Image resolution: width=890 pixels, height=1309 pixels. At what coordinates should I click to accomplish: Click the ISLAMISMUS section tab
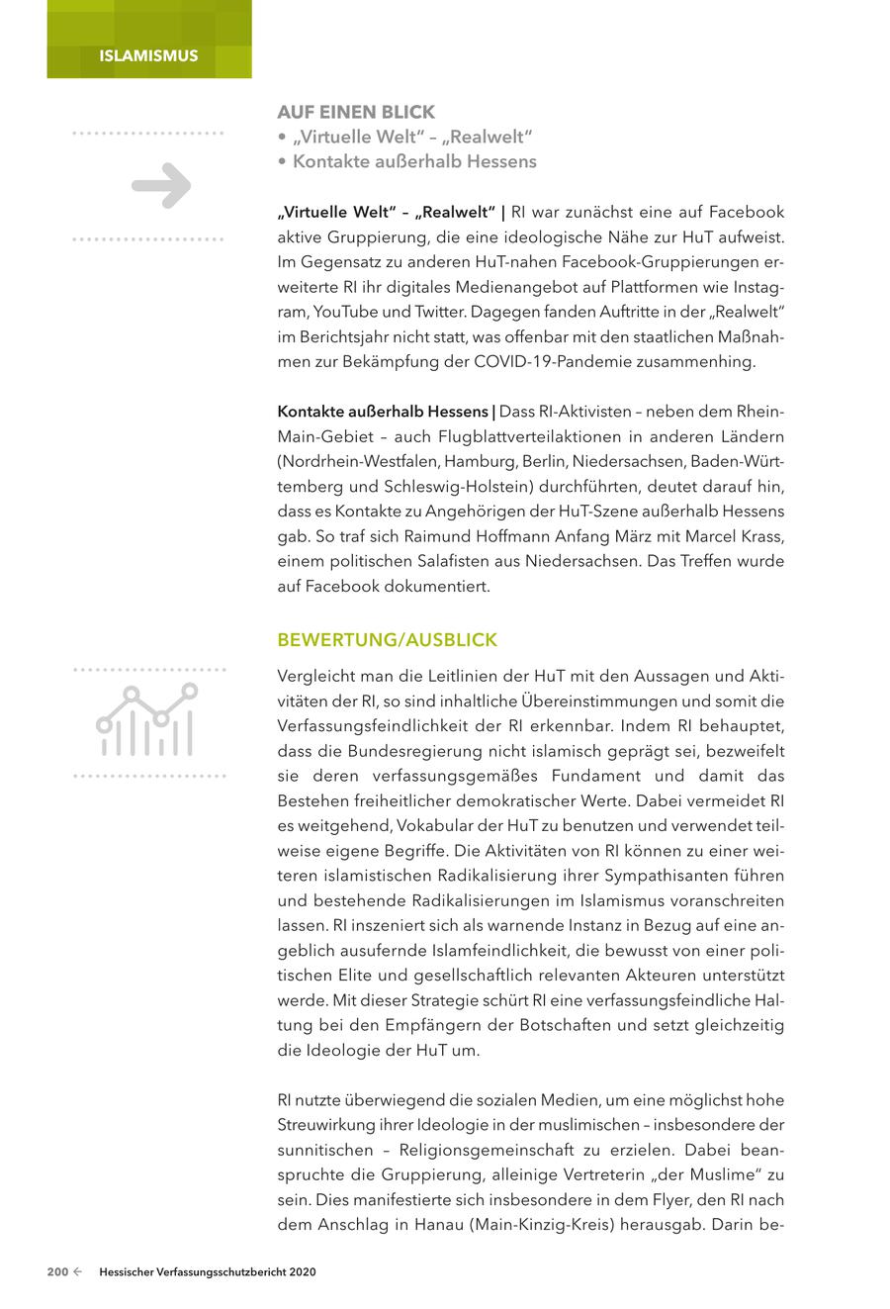click(x=148, y=55)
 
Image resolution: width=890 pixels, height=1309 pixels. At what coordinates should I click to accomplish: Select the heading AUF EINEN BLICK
click(x=355, y=112)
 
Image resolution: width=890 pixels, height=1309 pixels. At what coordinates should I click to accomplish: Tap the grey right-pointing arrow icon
click(x=161, y=185)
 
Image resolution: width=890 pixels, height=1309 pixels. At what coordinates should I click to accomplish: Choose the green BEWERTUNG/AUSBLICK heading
click(x=387, y=640)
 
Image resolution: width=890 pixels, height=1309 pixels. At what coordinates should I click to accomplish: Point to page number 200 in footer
click(x=57, y=1272)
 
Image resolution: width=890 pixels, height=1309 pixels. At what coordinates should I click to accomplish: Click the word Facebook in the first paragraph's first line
click(x=747, y=212)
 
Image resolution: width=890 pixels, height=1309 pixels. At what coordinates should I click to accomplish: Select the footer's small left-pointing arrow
click(x=77, y=1272)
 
